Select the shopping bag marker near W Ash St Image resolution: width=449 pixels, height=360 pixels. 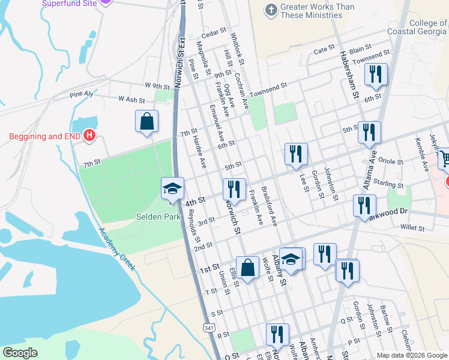point(147,122)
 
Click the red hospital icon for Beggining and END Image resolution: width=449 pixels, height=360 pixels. point(89,136)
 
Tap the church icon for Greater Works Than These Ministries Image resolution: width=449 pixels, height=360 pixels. point(271,11)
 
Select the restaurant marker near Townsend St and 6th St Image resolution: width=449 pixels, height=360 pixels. point(376,74)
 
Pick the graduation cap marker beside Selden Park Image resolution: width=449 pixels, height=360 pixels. point(172,188)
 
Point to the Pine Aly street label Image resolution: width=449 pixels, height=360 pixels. point(82,94)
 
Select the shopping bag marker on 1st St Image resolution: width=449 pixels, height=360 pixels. point(247,268)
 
